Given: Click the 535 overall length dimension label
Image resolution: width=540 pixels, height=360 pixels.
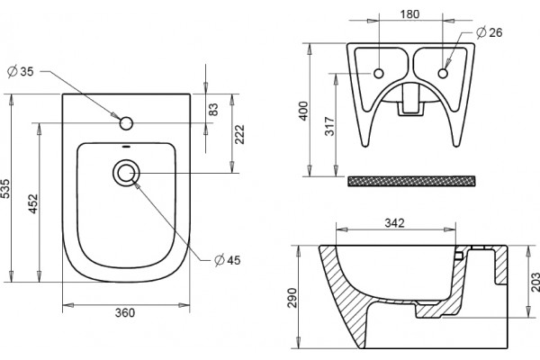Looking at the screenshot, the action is tap(6, 189).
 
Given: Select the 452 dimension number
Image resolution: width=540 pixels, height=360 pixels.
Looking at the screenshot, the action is tap(33, 203).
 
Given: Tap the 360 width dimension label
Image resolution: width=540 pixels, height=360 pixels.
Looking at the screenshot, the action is tap(125, 313).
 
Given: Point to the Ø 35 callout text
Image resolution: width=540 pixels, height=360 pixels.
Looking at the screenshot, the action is tap(21, 72).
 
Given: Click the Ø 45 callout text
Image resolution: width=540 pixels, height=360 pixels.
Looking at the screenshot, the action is tap(228, 260).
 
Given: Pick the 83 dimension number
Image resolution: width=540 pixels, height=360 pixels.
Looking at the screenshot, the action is tap(213, 110).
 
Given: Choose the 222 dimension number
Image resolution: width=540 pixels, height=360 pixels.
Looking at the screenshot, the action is tap(239, 134).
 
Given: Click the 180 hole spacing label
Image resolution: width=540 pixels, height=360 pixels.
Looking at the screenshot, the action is tap(409, 14).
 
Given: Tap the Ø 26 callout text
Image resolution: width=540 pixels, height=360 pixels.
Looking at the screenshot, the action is tap(490, 32).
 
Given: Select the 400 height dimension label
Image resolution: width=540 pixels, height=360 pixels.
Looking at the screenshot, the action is tap(304, 111).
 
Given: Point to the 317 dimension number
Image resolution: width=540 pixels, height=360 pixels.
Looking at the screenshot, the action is tap(329, 126).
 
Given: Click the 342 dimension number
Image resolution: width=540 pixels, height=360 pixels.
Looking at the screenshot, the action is tap(395, 223).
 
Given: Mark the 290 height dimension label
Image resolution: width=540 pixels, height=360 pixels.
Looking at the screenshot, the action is tap(292, 298).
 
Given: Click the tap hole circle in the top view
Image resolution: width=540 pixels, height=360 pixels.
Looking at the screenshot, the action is tap(126, 123).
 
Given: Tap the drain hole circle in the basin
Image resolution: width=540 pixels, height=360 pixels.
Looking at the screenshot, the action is tap(126, 173).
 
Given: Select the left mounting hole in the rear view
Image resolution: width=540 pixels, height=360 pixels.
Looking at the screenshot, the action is tap(379, 74).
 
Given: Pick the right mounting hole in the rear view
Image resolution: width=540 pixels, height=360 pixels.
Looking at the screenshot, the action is tap(443, 74).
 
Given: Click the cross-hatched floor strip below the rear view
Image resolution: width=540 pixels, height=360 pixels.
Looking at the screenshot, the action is tap(411, 181).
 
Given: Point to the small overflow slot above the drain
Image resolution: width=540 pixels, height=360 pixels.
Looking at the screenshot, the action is tap(126, 147).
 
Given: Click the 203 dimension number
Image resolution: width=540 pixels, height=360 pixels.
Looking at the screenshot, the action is tap(535, 282).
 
